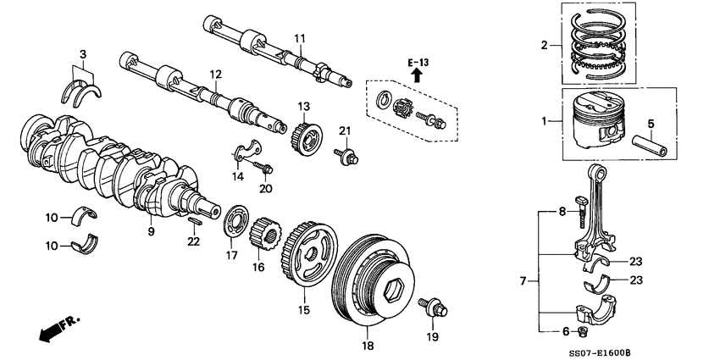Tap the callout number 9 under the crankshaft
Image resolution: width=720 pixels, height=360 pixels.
click(x=152, y=230)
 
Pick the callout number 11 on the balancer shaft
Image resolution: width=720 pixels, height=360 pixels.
click(x=299, y=39)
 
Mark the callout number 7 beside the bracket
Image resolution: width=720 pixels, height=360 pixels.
click(x=523, y=279)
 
